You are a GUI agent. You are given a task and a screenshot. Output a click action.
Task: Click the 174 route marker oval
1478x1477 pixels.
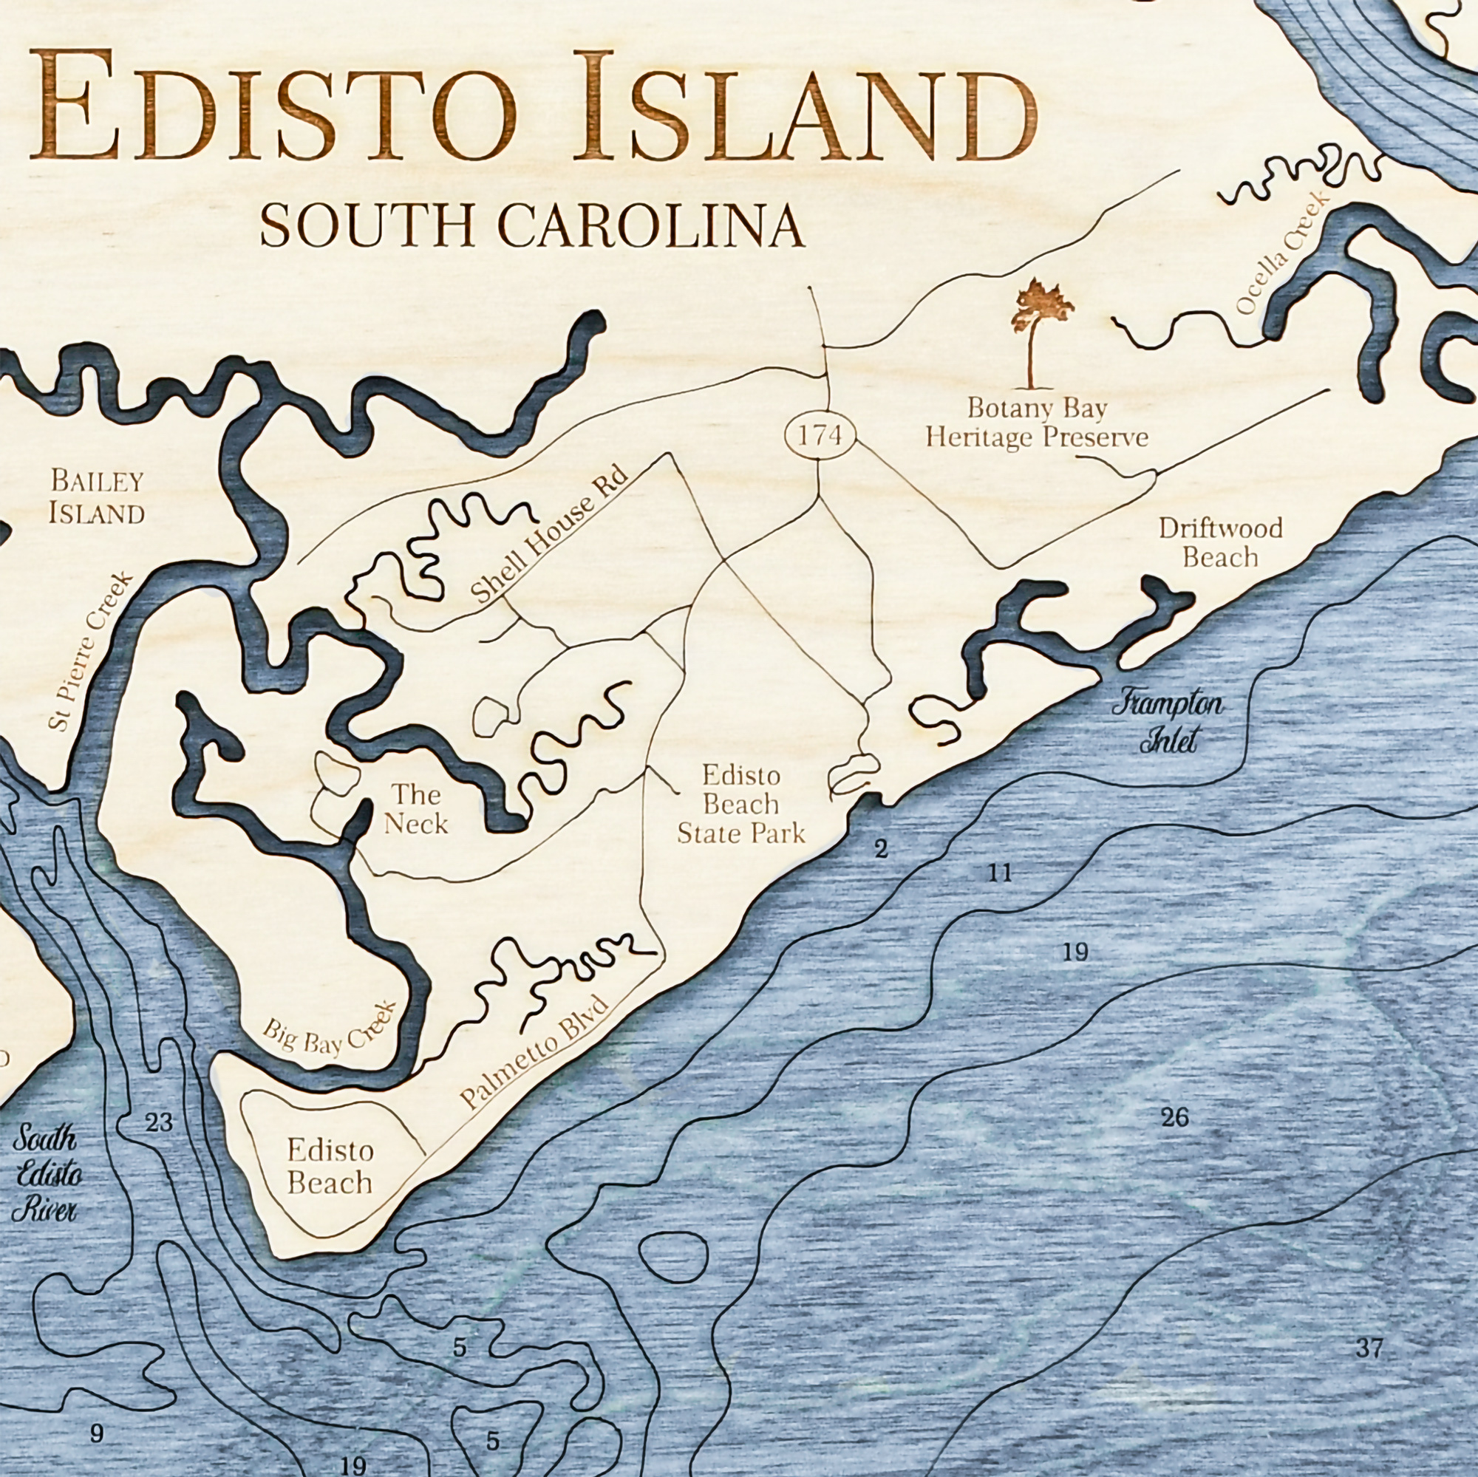(x=820, y=436)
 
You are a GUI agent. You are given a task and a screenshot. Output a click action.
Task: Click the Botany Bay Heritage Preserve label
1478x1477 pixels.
(x=1037, y=422)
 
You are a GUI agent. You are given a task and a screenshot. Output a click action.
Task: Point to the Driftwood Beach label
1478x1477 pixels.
(x=1220, y=542)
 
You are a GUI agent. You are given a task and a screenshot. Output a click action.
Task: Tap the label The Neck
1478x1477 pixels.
(x=415, y=808)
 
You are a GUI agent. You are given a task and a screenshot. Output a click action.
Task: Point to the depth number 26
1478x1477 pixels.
(x=1174, y=1117)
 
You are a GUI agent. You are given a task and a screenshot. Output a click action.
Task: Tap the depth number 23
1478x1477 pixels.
(x=159, y=1124)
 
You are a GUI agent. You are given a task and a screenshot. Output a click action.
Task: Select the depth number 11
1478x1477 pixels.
(x=999, y=873)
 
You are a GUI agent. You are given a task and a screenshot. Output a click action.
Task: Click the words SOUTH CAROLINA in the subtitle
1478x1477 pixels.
(x=531, y=225)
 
